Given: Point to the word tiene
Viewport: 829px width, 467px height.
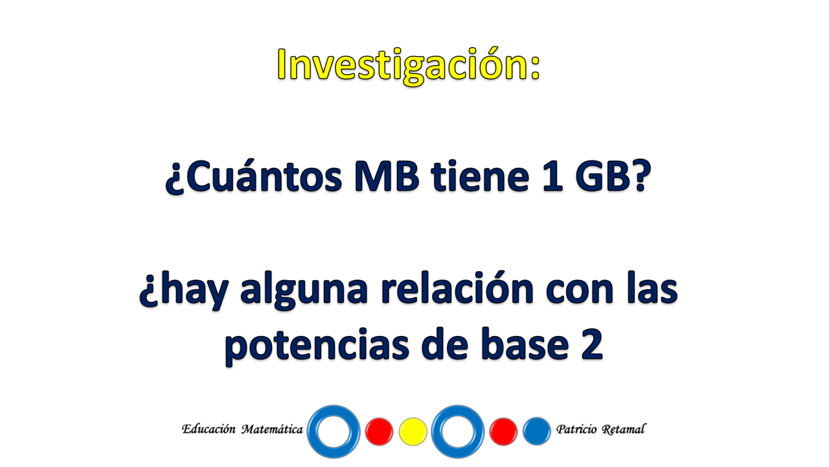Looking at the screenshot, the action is pos(480,177).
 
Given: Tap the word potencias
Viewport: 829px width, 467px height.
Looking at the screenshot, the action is pos(317,346).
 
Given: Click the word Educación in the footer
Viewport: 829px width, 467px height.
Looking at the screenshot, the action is pos(209,429).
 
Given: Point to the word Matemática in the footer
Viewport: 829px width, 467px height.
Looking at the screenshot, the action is pos(273,429).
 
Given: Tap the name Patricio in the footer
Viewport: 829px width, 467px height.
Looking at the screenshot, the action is pos(576,429).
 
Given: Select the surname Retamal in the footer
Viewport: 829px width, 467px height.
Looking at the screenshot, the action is pos(624,429).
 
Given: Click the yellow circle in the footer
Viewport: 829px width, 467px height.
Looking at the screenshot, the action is pos(413,431).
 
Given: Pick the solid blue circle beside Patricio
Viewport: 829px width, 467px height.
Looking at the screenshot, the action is pos(537,431).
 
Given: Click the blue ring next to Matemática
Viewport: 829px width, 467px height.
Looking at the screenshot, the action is pos(312,432).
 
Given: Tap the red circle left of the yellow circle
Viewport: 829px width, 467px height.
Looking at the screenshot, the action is pos(379,431).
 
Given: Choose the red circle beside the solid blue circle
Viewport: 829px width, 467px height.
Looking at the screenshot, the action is pos(503,431).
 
